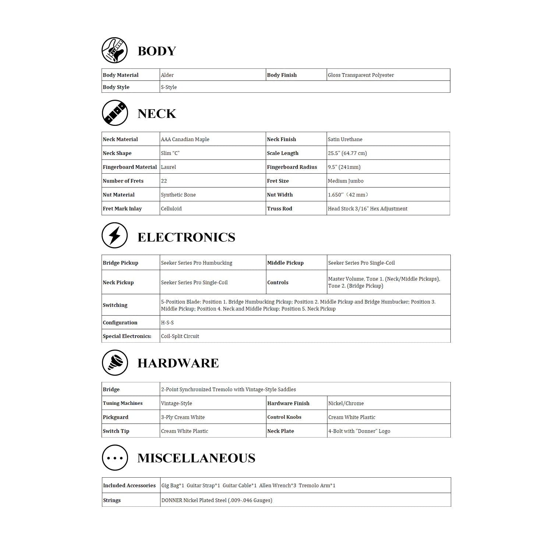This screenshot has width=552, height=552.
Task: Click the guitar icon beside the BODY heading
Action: (114, 50)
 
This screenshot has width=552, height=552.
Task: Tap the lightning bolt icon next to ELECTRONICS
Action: (114, 236)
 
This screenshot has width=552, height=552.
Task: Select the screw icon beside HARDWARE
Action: (115, 363)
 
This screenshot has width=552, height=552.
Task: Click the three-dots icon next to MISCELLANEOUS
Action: (115, 458)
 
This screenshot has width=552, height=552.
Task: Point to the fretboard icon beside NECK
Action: (115, 113)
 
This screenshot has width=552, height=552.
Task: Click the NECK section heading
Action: (157, 113)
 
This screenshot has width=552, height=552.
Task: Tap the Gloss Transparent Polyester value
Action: (361, 75)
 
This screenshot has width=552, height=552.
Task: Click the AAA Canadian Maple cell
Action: (185, 139)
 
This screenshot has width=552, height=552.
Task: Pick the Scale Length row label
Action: (283, 153)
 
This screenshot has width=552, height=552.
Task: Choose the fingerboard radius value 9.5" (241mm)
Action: (344, 167)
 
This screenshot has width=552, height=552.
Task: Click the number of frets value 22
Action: (164, 181)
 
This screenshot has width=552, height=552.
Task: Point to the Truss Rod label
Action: (279, 209)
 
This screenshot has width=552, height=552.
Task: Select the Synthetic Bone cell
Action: (178, 195)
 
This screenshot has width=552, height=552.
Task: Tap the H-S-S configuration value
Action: (167, 323)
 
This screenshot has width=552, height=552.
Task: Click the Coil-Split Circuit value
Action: (180, 336)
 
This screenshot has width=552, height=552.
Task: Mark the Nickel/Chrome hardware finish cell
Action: (346, 403)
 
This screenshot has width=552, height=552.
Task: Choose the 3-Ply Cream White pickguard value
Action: (183, 417)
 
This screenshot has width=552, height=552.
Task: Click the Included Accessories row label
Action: (129, 485)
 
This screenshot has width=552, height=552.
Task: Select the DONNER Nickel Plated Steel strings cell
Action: (217, 500)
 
